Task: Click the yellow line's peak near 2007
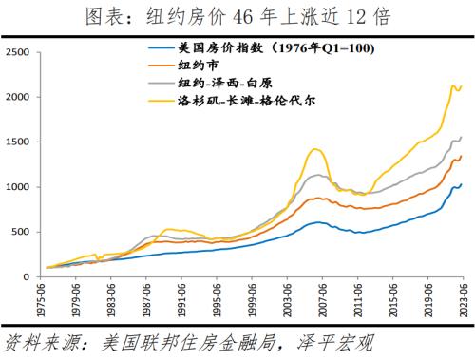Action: [316, 149]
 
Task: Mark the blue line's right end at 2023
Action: [463, 184]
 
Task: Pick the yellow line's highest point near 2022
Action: [450, 85]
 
